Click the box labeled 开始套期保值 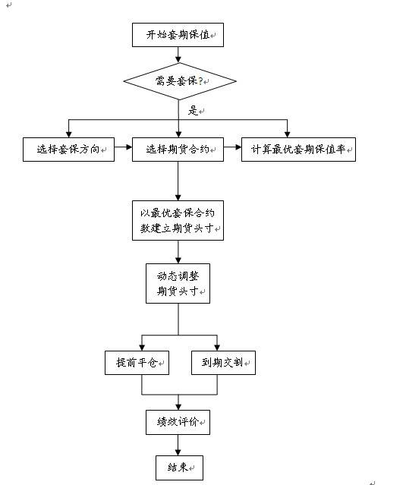point(178,35)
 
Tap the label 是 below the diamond point(192,111)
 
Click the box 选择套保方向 point(68,150)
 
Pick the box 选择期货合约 point(178,150)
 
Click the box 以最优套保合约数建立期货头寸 point(178,220)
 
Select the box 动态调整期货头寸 point(178,283)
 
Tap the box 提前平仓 point(137,364)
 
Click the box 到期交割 point(222,364)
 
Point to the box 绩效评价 point(178,422)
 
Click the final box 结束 point(178,467)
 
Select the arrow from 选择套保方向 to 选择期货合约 point(123,150)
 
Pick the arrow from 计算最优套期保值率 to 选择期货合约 point(233,150)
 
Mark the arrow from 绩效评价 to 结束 point(178,445)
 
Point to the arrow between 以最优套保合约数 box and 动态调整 point(178,252)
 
